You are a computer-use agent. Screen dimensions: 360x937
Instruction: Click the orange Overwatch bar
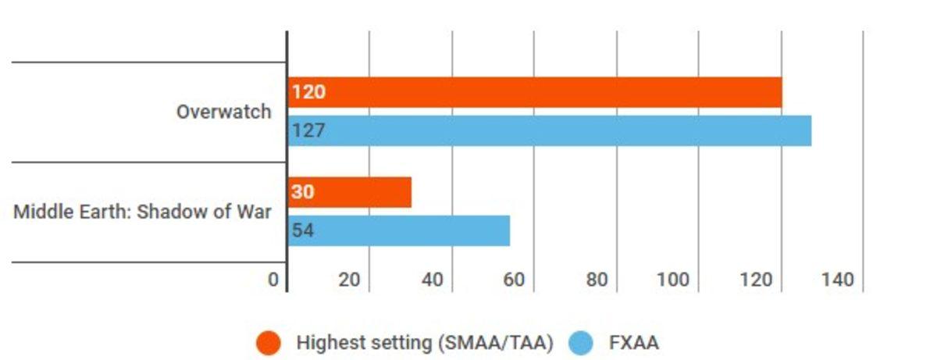(535, 93)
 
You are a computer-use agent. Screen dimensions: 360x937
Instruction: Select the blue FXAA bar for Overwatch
(550, 130)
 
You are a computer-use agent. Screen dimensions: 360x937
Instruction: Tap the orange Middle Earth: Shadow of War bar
(350, 192)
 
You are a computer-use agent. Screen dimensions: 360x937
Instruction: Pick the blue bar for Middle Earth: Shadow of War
(399, 230)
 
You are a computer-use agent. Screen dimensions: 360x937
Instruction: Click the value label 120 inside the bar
(308, 93)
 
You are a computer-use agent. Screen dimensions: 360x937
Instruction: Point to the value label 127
(308, 130)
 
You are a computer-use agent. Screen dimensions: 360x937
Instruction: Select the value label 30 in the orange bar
(303, 192)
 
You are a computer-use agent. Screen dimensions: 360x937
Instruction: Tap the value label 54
(303, 231)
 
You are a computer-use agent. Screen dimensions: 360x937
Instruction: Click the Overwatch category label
(224, 112)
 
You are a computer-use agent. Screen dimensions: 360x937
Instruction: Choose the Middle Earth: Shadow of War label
(143, 212)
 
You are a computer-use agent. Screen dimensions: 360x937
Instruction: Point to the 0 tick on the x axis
(273, 280)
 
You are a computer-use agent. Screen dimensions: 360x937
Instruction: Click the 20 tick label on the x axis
(349, 280)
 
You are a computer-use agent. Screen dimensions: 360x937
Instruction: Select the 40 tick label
(432, 280)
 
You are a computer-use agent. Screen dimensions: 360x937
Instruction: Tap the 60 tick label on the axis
(514, 280)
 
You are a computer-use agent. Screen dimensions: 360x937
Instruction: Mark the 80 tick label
(597, 280)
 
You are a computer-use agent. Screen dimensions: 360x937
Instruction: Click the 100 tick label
(673, 280)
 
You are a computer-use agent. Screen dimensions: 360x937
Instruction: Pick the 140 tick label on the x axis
(838, 280)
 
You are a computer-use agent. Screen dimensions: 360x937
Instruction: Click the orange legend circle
(269, 343)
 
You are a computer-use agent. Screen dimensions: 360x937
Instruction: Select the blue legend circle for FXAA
(581, 343)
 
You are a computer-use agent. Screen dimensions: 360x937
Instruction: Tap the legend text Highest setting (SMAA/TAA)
(425, 343)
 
